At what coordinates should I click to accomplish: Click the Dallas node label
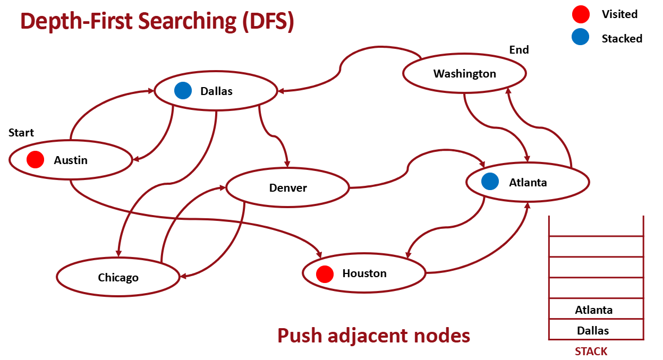(x=216, y=91)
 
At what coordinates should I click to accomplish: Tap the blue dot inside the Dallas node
(x=183, y=90)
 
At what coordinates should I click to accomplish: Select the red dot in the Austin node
(x=35, y=159)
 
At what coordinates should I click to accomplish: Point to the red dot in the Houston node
(x=325, y=274)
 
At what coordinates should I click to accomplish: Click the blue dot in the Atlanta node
(x=490, y=182)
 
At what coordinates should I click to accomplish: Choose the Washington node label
(x=464, y=74)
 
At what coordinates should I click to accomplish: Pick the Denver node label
(x=288, y=188)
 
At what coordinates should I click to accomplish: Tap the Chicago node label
(x=118, y=278)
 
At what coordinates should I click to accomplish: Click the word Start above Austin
(x=21, y=133)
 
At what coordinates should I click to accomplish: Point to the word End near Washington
(x=519, y=50)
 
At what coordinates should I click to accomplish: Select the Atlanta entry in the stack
(x=593, y=310)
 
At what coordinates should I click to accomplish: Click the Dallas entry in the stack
(x=593, y=331)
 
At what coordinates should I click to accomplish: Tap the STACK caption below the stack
(x=591, y=352)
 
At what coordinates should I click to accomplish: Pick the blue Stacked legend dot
(x=581, y=37)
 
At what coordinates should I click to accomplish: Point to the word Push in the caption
(x=299, y=336)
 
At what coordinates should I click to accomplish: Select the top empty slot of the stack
(x=596, y=226)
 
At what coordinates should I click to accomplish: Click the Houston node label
(x=364, y=273)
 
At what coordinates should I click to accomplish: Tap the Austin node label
(x=71, y=160)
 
